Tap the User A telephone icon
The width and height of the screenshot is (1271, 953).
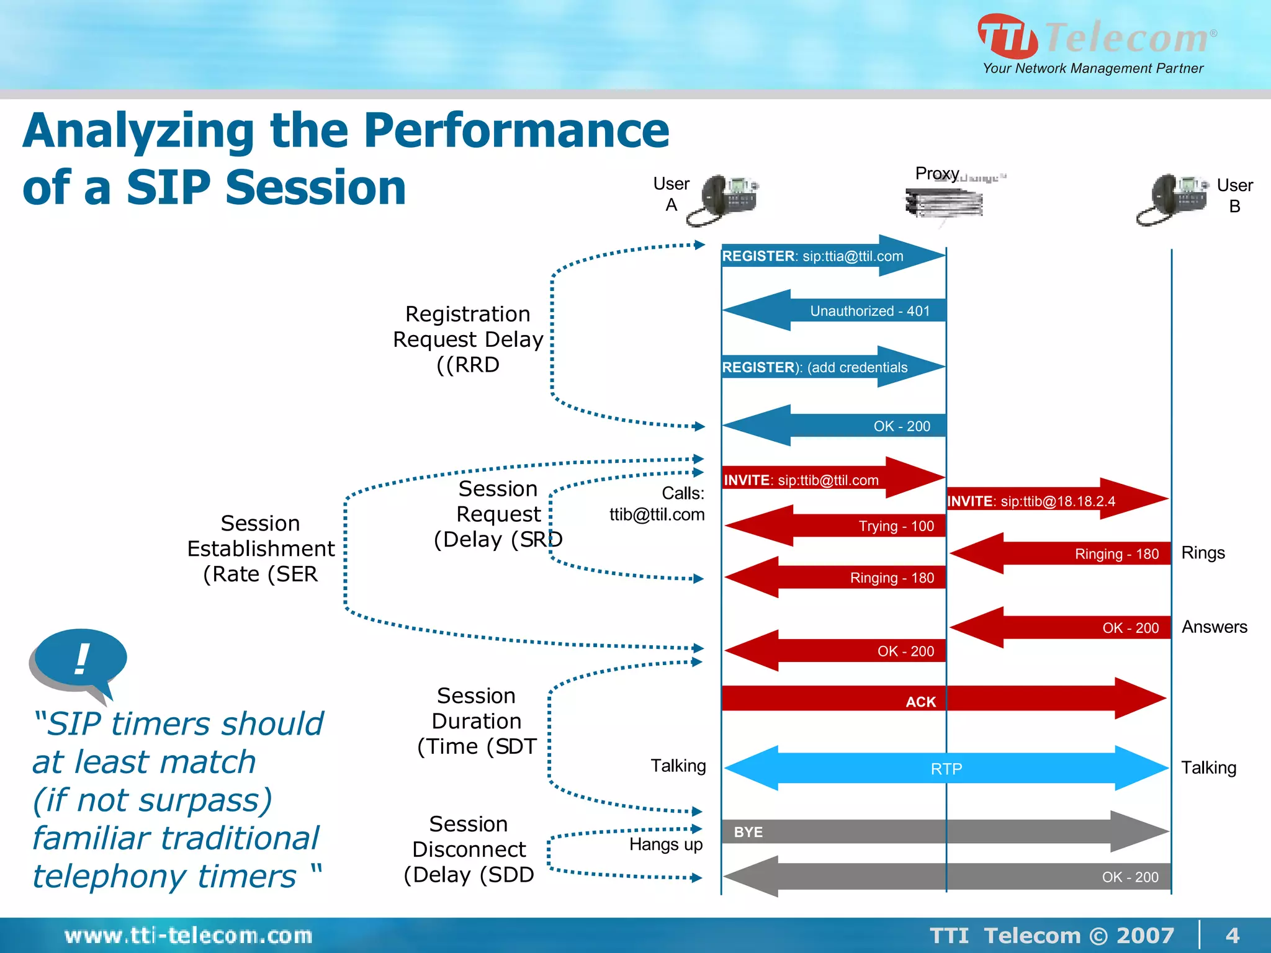coord(723,200)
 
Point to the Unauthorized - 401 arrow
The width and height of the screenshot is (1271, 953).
coord(835,310)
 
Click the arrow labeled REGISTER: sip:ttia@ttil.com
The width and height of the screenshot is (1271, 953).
coord(832,256)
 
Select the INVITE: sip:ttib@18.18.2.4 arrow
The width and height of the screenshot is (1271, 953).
coord(1055,500)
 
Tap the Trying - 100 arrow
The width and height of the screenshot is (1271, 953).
coord(835,526)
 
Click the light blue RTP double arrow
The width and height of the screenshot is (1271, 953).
coord(946,769)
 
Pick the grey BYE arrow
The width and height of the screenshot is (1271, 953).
coord(943,831)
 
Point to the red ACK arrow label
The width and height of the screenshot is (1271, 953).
coord(920,702)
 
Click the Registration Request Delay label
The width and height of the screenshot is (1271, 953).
coord(468,339)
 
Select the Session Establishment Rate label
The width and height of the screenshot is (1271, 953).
coord(261,548)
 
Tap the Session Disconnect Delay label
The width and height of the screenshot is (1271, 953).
coord(469,849)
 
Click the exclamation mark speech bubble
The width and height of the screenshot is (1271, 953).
coord(79,660)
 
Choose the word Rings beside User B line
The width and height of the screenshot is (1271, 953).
coord(1203,553)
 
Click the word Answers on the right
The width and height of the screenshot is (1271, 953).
coord(1214,627)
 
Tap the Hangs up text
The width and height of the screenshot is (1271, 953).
coord(665,844)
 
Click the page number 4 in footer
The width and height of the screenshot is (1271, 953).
coord(1232,935)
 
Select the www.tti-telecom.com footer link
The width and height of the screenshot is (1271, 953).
coord(188,935)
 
